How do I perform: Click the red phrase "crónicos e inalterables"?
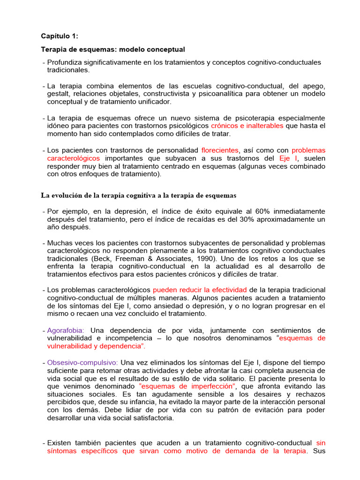[x=247, y=126]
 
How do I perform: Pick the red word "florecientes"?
[x=220, y=150]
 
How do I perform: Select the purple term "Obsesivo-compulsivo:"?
[x=83, y=362]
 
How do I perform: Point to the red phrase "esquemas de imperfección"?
[x=180, y=386]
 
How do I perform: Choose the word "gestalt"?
[x=59, y=94]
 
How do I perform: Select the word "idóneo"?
[x=59, y=126]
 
